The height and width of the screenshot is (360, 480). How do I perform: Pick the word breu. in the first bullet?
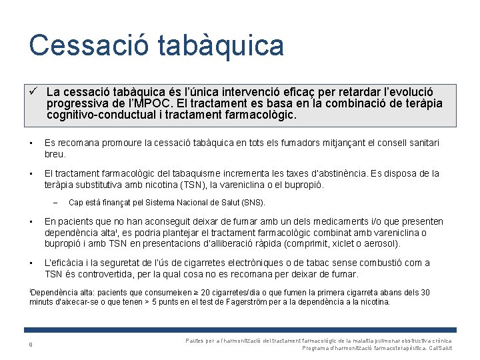tap(55, 153)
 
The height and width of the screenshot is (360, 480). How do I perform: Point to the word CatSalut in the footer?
tap(441, 348)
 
